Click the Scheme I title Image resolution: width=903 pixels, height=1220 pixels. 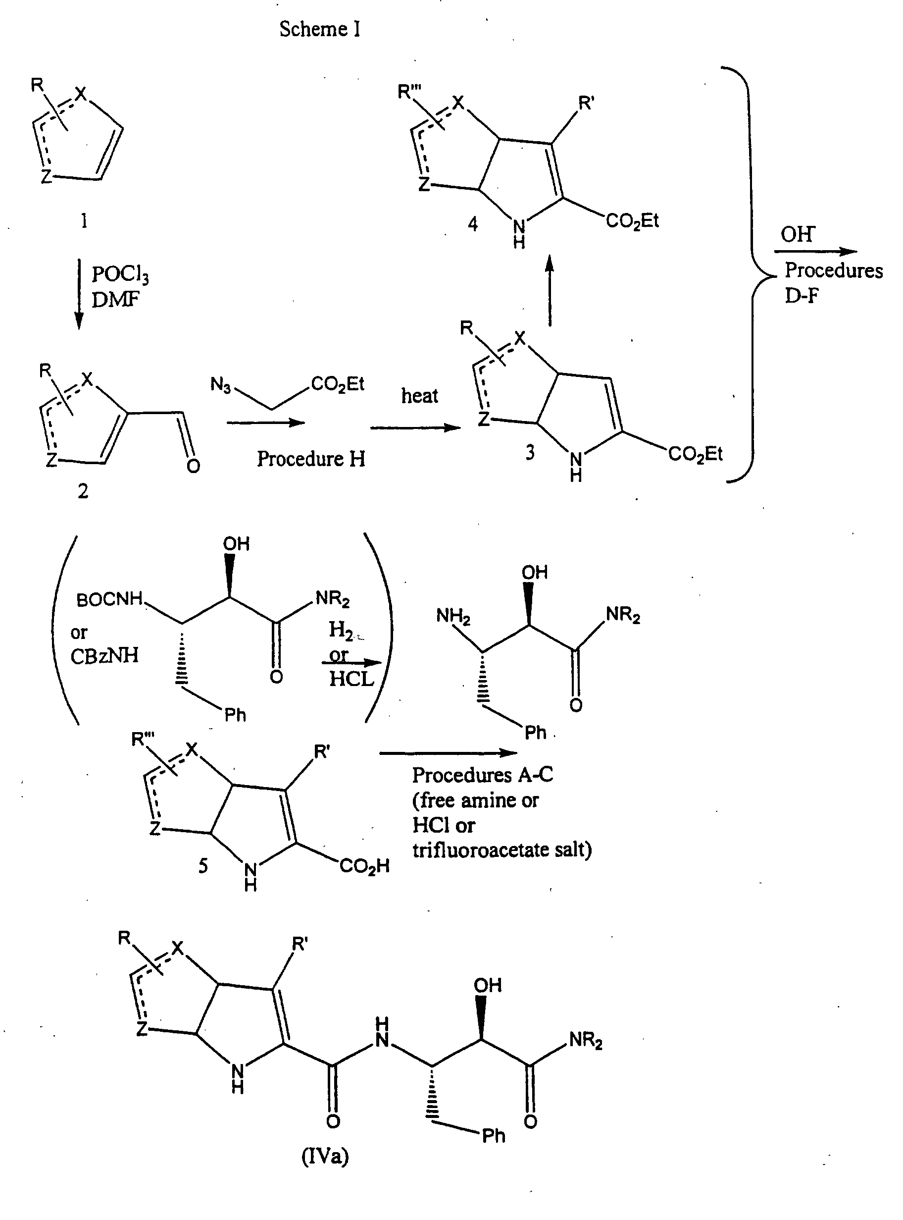(x=320, y=29)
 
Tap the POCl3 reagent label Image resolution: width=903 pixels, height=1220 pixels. (x=120, y=274)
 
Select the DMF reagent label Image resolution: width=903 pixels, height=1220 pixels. (x=115, y=299)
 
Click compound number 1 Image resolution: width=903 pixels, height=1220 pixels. (x=84, y=221)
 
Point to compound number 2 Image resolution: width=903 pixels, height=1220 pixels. (x=83, y=491)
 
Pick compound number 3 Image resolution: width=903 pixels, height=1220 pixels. (x=530, y=453)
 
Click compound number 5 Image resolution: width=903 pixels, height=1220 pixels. (x=203, y=866)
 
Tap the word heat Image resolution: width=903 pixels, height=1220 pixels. (x=419, y=395)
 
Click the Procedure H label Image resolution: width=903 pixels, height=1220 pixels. (x=311, y=459)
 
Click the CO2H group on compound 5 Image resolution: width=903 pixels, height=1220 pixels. (x=364, y=866)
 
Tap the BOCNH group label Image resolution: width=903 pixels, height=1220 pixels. (x=109, y=600)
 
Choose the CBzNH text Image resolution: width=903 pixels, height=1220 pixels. (x=104, y=655)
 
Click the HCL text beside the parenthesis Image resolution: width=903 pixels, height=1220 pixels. (x=351, y=679)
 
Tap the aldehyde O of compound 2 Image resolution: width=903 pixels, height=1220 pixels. (x=193, y=466)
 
